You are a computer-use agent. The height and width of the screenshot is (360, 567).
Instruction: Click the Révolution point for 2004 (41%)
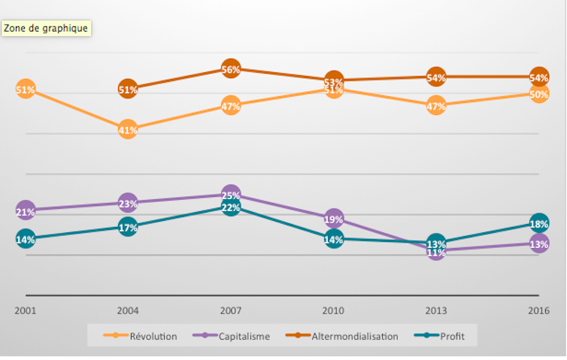coord(128,129)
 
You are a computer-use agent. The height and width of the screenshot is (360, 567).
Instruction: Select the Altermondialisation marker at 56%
coord(231,69)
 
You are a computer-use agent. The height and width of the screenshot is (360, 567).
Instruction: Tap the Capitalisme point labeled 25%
coord(231,195)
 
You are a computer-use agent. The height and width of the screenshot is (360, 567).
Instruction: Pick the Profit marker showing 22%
coord(231,207)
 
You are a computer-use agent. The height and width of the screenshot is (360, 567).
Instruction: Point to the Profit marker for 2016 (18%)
coord(538,224)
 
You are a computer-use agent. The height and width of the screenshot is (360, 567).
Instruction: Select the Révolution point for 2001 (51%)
coord(26,89)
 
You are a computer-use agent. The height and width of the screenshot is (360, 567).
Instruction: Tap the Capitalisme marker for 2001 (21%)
coord(26,211)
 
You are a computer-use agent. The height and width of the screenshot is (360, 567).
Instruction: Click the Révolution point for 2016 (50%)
coord(538,94)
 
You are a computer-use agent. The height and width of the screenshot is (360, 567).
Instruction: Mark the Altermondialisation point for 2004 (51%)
coord(128,89)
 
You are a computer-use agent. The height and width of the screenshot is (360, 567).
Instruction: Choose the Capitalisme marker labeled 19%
coord(334,219)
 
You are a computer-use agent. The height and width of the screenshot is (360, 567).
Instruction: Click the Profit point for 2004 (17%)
coord(128,227)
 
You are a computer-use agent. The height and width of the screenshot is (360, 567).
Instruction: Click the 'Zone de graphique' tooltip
coord(46,29)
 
